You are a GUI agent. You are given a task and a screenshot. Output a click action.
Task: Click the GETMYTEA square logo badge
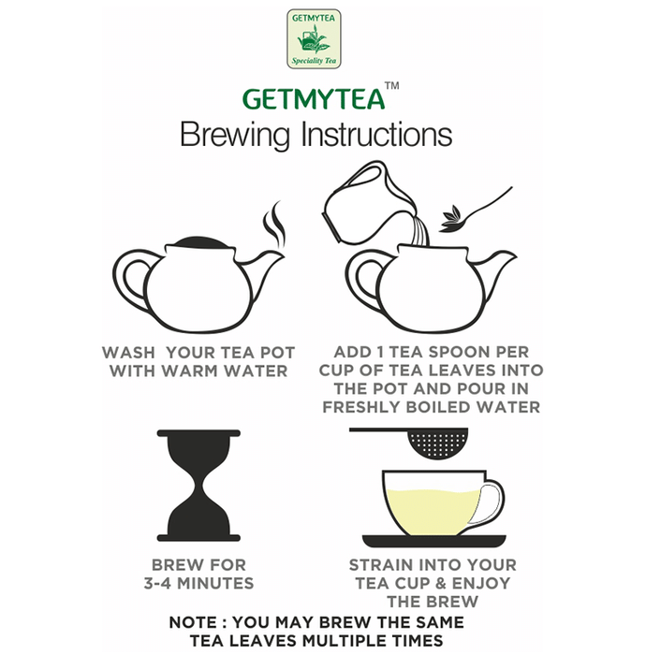coord(314,39)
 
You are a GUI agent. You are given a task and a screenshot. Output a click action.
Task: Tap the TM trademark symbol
coord(392,86)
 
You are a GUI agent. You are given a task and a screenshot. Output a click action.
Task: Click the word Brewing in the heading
coord(235,135)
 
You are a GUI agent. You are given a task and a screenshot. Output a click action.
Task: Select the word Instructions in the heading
coord(377,134)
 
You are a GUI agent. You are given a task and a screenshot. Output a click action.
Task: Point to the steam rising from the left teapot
coord(274,226)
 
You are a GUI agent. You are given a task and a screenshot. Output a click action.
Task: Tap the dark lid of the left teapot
coord(201,242)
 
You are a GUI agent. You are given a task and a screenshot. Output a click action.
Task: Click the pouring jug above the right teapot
coord(368,205)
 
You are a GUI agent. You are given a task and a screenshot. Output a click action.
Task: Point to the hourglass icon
coord(198,485)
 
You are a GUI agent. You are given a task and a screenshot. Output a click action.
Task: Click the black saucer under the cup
coord(434,541)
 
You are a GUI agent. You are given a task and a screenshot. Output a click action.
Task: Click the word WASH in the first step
coord(128,353)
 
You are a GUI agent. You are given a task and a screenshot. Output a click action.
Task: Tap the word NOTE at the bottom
coord(193,622)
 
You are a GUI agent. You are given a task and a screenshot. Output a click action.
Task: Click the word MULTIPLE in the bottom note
coord(345,641)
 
